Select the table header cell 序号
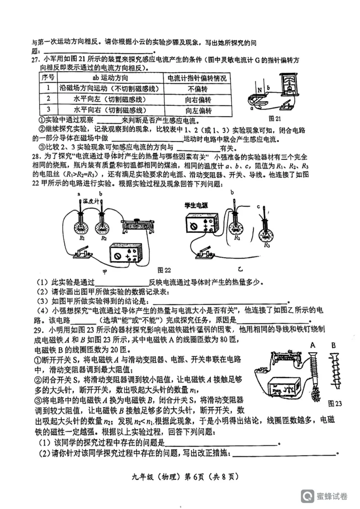pyautogui.click(x=48, y=78)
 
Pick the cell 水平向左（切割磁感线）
pyautogui.click(x=110, y=99)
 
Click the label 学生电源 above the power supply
pyautogui.click(x=196, y=205)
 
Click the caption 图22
pyautogui.click(x=164, y=270)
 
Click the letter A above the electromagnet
pyautogui.click(x=312, y=345)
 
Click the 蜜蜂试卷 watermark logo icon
pyautogui.click(x=308, y=496)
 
